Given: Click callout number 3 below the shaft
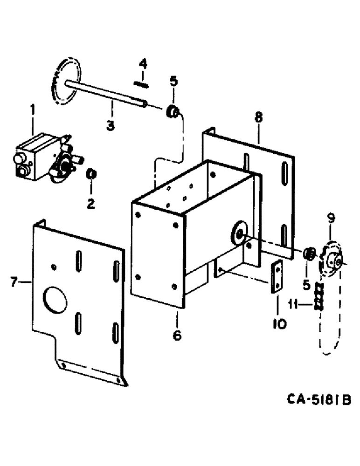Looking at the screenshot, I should click(111, 125).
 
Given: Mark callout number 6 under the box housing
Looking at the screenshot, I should click(177, 334).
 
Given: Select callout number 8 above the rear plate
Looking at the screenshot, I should click(259, 116).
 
